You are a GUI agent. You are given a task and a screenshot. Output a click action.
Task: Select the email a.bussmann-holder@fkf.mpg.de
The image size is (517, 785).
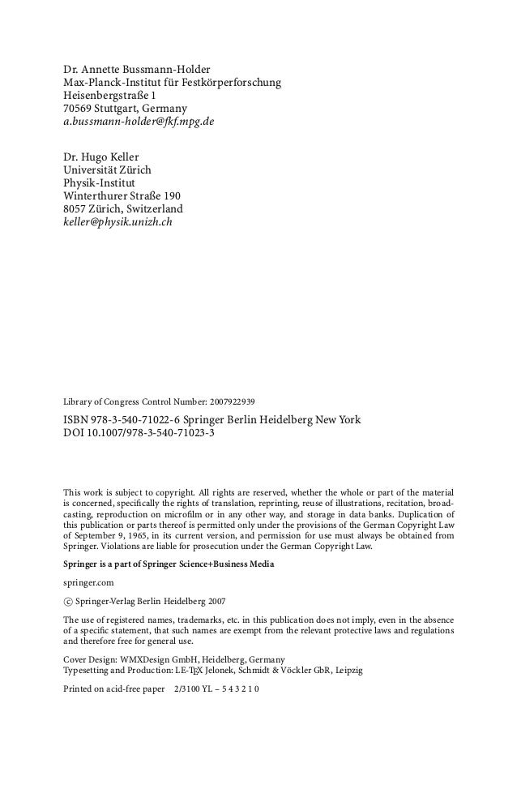(x=139, y=123)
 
